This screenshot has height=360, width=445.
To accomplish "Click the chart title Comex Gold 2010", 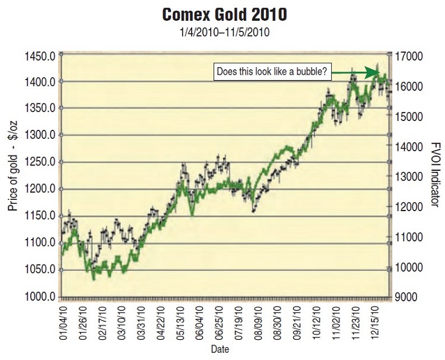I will coord(223,13).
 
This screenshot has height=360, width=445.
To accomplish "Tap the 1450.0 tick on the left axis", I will coord(40,56).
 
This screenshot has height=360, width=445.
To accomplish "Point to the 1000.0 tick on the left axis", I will coord(40,297).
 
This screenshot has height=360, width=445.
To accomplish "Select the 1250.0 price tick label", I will coord(40,163).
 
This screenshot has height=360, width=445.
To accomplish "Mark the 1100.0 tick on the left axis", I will coord(40,243).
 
